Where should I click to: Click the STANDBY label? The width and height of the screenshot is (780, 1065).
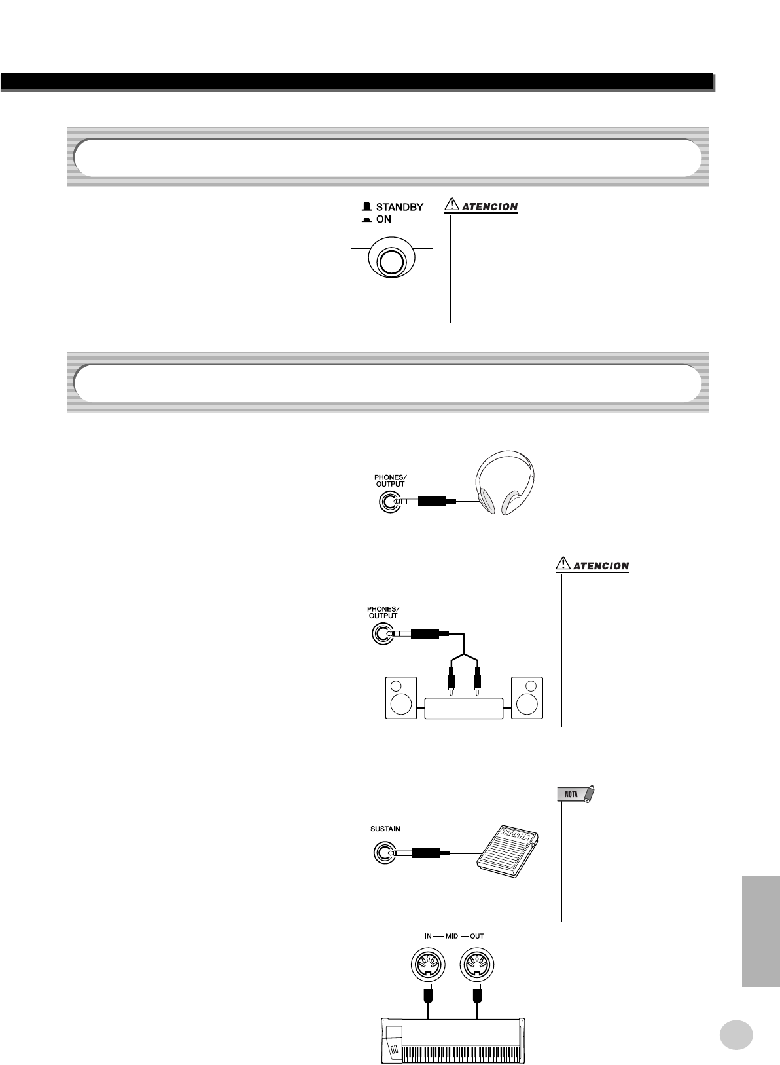pos(399,207)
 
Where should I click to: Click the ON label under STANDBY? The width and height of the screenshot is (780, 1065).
pos(383,219)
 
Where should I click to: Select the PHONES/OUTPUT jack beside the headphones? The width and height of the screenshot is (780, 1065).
pos(389,502)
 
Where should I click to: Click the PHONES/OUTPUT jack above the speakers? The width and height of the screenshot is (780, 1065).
pos(383,634)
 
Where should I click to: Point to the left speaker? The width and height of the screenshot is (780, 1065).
pos(400,698)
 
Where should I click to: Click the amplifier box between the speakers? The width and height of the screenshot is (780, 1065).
pos(464,708)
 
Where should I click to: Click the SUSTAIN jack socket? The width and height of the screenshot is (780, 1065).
pos(383,853)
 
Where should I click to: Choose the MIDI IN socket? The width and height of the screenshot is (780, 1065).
pos(428,963)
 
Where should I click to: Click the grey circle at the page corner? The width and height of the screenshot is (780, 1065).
pos(736,1035)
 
